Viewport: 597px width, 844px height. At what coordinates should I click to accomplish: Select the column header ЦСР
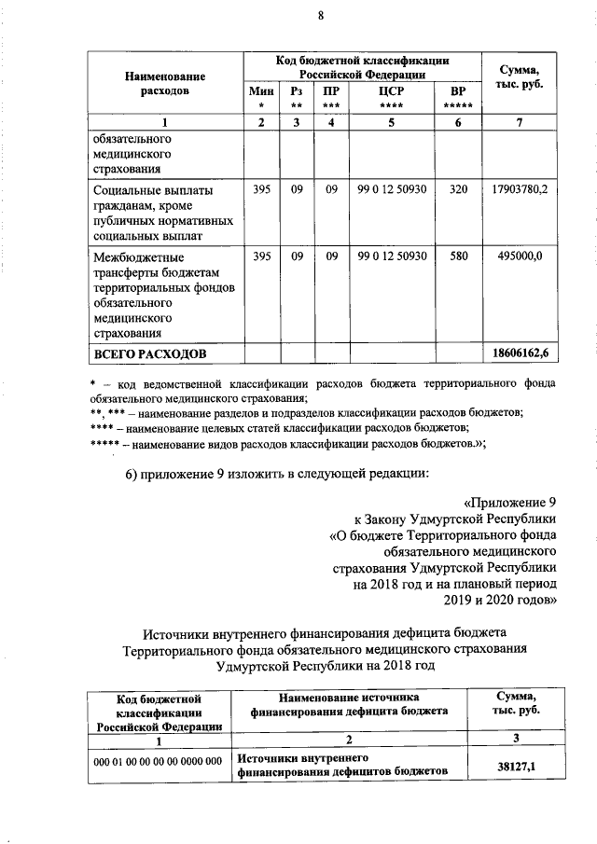coord(391,91)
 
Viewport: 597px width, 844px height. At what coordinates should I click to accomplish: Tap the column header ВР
coord(457,91)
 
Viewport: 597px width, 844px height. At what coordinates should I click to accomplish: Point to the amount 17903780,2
coord(520,190)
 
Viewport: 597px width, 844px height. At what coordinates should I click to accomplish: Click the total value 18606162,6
coord(520,354)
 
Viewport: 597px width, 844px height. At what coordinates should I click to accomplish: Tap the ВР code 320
coord(457,190)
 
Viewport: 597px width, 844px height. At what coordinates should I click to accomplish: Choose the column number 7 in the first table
coord(520,122)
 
